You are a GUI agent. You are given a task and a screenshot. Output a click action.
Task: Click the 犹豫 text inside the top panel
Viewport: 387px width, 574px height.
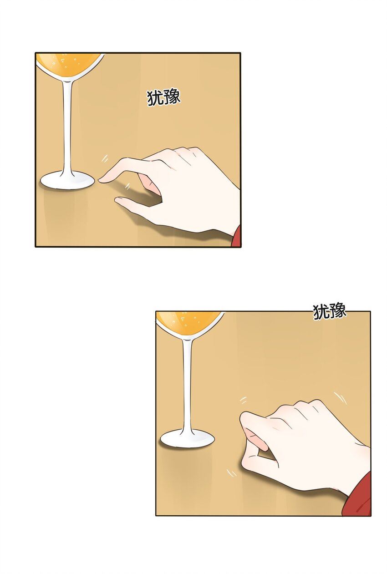coord(163,97)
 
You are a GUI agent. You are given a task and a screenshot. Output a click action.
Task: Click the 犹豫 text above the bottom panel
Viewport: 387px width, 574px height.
coord(330,311)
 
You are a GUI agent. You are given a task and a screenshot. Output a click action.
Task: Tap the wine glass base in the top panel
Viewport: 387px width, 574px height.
coord(67,181)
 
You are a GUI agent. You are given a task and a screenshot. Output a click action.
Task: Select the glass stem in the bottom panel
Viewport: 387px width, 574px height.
coord(187,384)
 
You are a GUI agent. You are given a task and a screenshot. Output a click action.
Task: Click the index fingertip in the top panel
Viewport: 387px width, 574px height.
coord(101,180)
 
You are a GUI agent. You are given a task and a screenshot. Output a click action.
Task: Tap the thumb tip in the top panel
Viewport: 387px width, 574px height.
coord(118,200)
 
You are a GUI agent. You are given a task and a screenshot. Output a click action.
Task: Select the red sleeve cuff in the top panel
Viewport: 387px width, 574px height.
coord(236,236)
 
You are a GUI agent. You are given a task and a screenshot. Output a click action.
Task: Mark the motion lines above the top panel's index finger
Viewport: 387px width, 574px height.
coord(104,158)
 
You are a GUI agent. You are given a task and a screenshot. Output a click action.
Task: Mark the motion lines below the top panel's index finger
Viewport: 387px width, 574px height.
coord(127,186)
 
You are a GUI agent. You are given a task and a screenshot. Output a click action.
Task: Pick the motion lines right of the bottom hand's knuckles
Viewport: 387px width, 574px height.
coord(340,398)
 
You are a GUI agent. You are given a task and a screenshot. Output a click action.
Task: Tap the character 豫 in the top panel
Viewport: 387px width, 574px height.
coord(172,97)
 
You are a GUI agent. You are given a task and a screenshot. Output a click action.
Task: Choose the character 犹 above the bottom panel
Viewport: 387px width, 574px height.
coord(321,312)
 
